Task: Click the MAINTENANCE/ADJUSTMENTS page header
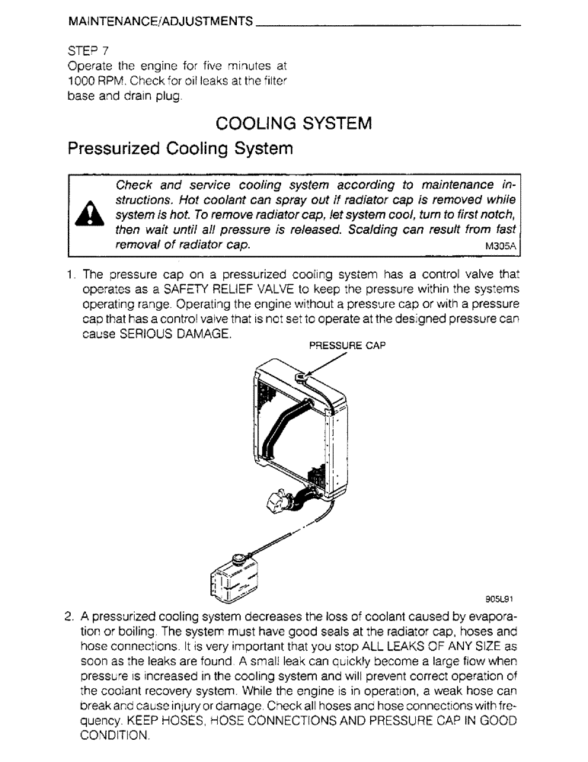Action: pos(160,24)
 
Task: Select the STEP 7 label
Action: pos(89,51)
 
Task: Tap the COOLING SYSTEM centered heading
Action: pos(294,123)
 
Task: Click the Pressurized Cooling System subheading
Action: pos(180,149)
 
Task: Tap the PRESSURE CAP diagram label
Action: pos(347,344)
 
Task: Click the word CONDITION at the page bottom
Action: pos(116,735)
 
